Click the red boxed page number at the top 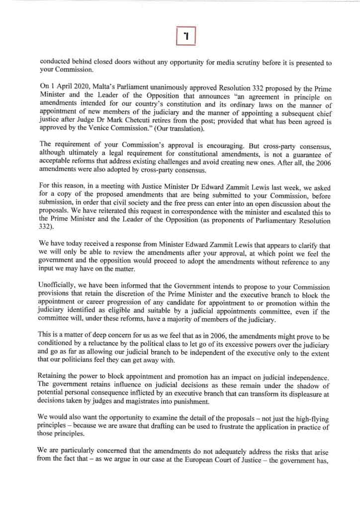coord(186,35)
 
